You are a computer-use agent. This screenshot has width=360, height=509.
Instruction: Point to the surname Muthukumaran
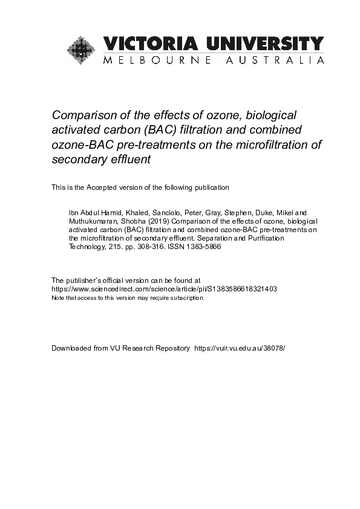91,221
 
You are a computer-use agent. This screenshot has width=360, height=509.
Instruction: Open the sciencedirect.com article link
164,289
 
